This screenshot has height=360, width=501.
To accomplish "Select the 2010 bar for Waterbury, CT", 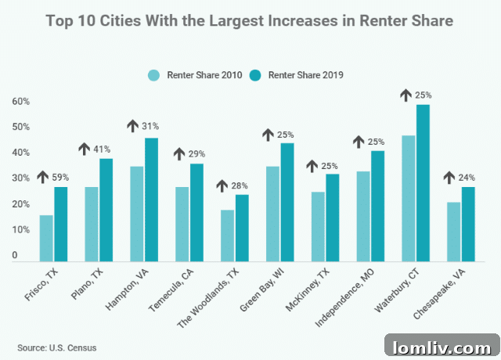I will point(408,199).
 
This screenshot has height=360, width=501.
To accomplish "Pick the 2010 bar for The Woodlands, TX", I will point(227,236).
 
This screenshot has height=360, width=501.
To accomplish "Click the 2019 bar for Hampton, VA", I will point(152,200).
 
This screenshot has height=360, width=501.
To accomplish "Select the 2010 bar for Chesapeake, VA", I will point(453,232).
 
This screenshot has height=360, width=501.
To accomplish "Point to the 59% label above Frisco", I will point(60,177).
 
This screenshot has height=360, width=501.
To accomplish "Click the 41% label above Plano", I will point(103,149).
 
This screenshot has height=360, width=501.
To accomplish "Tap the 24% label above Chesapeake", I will point(467,178).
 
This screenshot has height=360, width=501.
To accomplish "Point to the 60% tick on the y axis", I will point(20,102).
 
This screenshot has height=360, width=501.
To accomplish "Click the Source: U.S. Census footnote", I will point(54,346).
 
